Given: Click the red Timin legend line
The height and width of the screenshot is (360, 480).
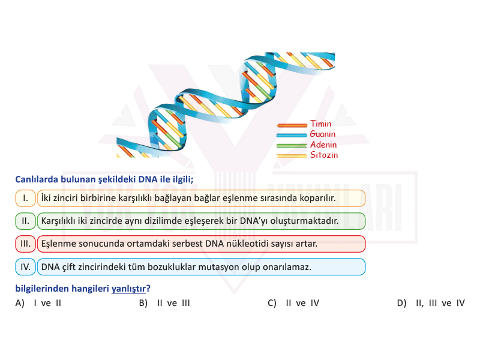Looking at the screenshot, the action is click(292, 125).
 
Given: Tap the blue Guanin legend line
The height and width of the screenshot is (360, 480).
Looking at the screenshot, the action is click(292, 136).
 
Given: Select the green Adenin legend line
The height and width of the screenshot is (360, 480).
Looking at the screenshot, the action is click(292, 146).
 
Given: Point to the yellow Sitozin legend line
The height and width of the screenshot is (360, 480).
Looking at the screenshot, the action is click(292, 156).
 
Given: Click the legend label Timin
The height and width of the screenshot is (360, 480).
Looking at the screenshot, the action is click(320, 124).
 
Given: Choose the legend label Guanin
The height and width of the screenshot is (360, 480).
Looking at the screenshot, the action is click(323, 134).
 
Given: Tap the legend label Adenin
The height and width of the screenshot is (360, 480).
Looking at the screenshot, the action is click(323, 145).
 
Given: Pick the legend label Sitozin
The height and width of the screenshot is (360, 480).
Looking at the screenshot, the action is click(324, 155).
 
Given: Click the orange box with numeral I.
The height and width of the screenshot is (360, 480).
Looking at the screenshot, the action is click(25, 198).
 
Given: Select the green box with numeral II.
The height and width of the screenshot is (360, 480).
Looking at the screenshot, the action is click(25, 221).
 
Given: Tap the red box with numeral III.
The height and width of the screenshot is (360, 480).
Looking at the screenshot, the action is click(25, 244).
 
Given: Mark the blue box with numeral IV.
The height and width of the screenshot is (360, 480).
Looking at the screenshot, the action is click(25, 267).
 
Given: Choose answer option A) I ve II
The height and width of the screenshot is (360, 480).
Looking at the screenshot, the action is click(38, 303).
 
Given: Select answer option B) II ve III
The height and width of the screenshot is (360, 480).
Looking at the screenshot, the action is click(164, 303).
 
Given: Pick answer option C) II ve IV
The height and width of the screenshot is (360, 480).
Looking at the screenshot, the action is click(293, 303).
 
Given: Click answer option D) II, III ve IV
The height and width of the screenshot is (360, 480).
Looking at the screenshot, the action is click(431, 303).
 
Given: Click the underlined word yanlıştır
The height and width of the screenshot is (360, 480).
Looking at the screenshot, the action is click(128, 289).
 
